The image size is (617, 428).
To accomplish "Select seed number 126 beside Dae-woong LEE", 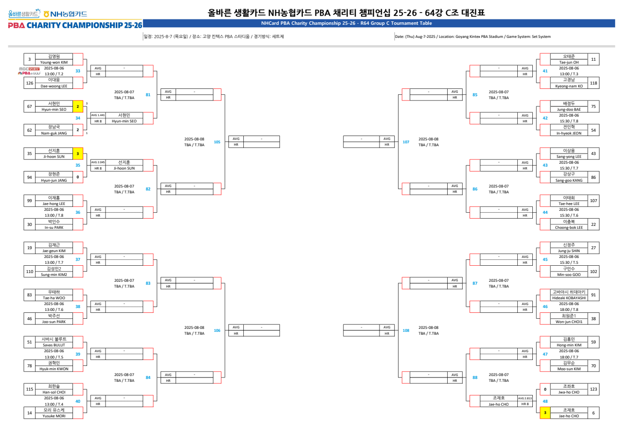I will [30, 83].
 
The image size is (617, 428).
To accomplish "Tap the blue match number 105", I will [217, 142].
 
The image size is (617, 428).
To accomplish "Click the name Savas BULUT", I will [54, 345].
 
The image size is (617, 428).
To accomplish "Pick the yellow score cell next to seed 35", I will [78, 154].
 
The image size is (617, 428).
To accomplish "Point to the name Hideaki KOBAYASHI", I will [569, 298].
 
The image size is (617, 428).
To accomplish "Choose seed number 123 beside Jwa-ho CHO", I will [593, 389].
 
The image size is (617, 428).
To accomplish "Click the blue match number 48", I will [545, 401].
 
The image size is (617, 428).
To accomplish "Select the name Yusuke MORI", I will [54, 416].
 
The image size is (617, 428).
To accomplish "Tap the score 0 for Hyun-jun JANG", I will [78, 177].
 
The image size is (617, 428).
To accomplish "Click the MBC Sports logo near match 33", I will [29, 69].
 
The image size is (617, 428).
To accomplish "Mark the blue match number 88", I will [475, 377].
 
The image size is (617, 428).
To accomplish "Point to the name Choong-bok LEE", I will [569, 227].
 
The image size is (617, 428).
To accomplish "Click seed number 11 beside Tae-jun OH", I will [593, 59].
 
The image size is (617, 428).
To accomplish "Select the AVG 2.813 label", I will [525, 398].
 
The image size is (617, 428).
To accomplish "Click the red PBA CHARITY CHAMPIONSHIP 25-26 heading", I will [75, 25].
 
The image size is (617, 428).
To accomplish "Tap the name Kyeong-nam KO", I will [569, 86].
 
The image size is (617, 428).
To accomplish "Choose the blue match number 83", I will [148, 283].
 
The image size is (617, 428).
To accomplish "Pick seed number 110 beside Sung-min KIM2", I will [30, 272].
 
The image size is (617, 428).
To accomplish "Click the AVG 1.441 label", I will [97, 115].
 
